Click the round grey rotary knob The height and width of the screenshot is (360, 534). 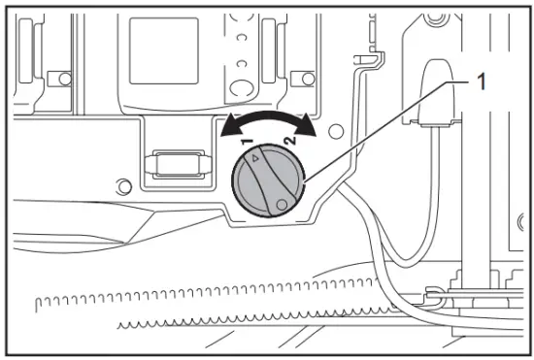tap(269, 182)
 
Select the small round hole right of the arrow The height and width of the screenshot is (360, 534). tap(336, 128)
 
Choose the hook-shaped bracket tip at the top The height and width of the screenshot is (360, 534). tap(365, 61)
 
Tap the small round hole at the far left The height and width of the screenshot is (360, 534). tap(120, 184)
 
